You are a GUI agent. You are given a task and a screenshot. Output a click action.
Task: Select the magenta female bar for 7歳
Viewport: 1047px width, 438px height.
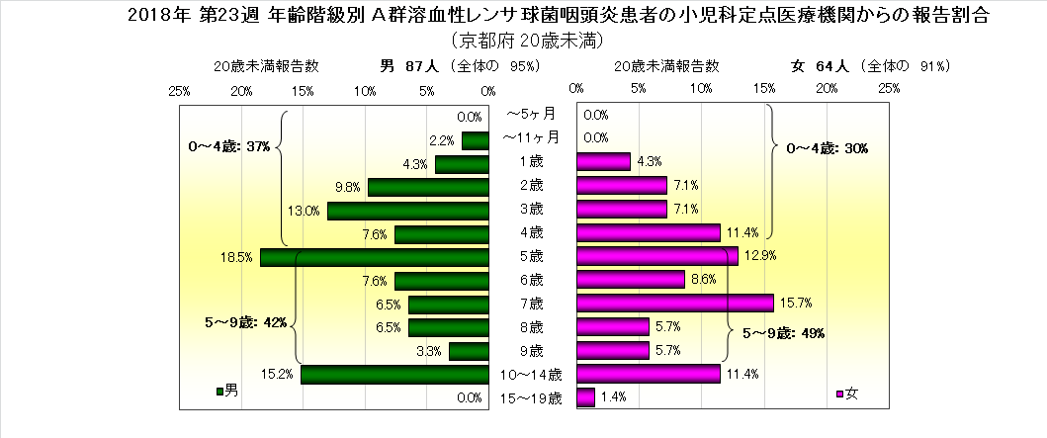(x=674, y=304)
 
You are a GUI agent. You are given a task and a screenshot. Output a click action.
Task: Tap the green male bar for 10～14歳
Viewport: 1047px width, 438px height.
(x=394, y=374)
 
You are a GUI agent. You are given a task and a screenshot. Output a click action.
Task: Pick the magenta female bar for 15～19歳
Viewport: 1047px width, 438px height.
(x=585, y=397)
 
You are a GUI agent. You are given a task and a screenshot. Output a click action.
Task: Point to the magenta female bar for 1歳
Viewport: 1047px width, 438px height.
(x=603, y=161)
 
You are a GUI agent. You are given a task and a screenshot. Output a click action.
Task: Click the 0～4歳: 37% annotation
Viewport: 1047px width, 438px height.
(x=229, y=146)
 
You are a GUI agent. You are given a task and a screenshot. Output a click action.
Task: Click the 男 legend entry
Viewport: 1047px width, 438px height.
(x=226, y=392)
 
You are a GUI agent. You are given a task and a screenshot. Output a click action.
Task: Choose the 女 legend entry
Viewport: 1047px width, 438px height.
(x=848, y=394)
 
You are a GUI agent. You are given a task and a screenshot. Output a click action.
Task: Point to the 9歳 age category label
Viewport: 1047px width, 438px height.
(x=531, y=351)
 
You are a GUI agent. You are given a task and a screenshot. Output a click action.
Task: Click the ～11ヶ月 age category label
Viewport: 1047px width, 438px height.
(x=531, y=137)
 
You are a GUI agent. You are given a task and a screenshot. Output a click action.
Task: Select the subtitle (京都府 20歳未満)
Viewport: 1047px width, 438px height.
(x=525, y=42)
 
